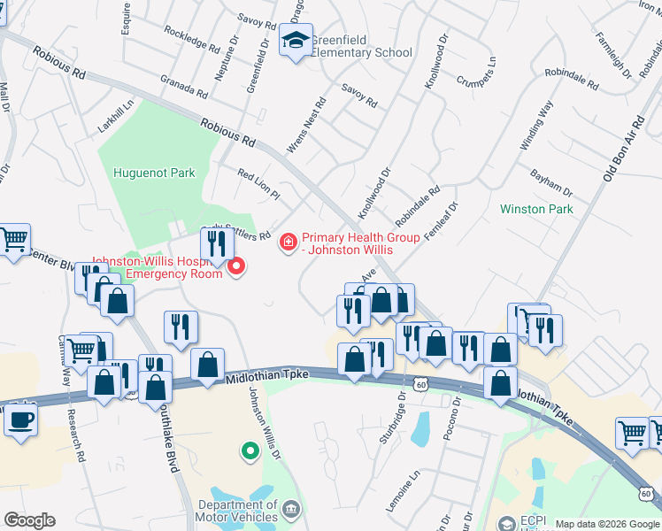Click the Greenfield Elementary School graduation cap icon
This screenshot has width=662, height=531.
(296, 40)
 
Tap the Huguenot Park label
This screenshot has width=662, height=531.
(154, 173)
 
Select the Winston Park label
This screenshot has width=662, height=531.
(536, 210)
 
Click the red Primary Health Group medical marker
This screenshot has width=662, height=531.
(288, 242)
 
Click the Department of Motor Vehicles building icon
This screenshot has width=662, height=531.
(292, 511)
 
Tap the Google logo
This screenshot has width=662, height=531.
(30, 520)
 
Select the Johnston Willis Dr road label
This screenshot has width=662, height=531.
(264, 423)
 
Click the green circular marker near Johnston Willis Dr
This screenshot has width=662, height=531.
(250, 451)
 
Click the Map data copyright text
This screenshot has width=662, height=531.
(606, 524)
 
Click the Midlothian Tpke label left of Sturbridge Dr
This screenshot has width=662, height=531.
(266, 375)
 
